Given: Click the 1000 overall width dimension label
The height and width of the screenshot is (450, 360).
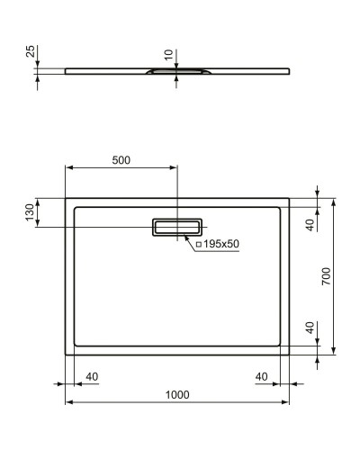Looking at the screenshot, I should (177, 393).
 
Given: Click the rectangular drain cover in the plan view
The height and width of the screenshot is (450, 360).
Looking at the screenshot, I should (177, 227).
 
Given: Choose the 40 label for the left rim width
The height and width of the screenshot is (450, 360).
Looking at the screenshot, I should (91, 375).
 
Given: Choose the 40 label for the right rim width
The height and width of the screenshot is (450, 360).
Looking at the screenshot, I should (263, 375).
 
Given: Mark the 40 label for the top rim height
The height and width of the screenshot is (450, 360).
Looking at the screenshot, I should (309, 224).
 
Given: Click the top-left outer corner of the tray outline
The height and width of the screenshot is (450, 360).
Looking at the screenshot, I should (66, 198).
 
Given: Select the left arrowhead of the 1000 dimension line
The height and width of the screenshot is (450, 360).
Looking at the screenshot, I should (68, 401).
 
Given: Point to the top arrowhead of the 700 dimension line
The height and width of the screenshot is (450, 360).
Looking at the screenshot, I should (334, 201).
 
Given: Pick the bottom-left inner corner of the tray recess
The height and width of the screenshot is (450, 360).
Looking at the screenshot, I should (75, 346).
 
